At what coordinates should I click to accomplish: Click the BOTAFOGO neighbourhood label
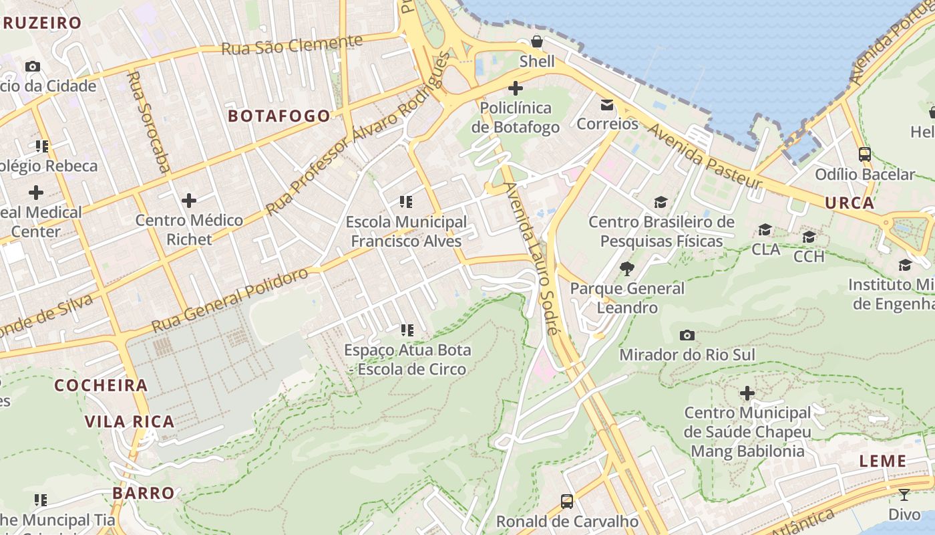[279, 116]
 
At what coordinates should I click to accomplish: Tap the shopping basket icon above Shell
[537, 42]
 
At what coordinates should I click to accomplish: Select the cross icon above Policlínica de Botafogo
[516, 88]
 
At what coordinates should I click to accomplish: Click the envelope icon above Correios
[607, 104]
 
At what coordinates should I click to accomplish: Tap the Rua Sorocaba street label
[148, 122]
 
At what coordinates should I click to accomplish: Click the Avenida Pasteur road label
[705, 155]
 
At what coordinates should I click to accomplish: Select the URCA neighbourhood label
[850, 203]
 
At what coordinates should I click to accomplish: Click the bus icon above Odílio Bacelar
[864, 154]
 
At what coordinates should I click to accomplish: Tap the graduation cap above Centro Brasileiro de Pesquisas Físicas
[661, 202]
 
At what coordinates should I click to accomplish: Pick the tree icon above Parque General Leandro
[626, 269]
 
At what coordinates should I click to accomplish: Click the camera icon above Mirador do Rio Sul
[687, 335]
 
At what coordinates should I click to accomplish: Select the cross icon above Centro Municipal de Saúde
[747, 393]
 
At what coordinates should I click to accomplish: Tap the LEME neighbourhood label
[882, 461]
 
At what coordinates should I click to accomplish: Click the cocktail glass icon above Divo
[904, 495]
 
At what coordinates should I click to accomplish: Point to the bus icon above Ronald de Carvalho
[566, 501]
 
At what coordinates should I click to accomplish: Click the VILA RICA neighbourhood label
[130, 421]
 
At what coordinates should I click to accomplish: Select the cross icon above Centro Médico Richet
[189, 200]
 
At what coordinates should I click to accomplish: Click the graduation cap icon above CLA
[765, 230]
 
